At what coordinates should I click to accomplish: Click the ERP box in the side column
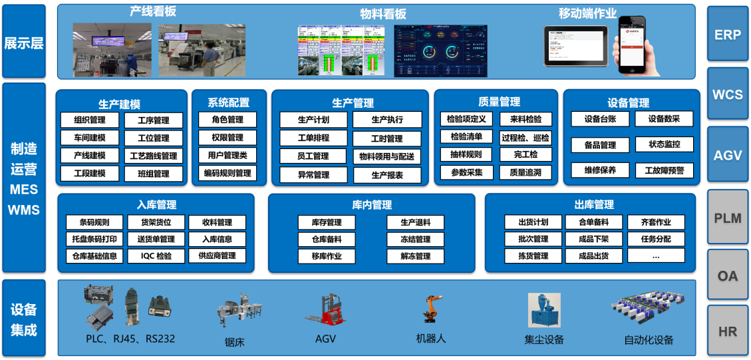[727, 35]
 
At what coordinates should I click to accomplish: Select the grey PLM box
[727, 218]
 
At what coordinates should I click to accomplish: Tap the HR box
[727, 331]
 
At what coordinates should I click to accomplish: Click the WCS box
[727, 94]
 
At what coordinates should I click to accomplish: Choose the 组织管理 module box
[90, 120]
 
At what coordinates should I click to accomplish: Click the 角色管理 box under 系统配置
[227, 120]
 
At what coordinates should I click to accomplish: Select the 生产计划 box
[313, 120]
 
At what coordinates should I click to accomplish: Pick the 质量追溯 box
[525, 172]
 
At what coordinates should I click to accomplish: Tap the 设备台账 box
[601, 119]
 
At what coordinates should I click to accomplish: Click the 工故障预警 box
[663, 170]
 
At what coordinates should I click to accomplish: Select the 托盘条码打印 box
[94, 239]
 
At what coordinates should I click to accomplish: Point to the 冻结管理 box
[415, 239]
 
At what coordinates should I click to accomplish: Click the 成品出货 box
[593, 256]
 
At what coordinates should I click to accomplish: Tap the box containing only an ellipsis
[656, 256]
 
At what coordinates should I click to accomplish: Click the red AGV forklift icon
[327, 311]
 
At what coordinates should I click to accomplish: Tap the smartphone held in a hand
[633, 44]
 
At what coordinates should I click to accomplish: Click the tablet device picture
[575, 45]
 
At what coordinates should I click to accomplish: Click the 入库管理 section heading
[156, 205]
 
